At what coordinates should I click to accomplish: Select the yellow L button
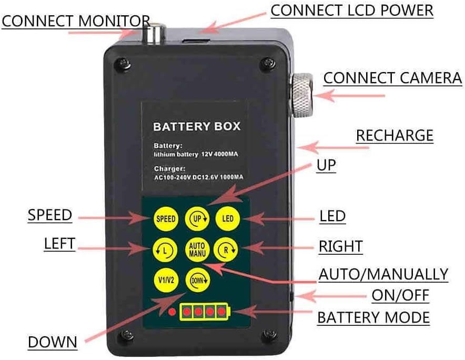click(164, 248)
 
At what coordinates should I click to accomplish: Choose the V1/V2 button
click(164, 279)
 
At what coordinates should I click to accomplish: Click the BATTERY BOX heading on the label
click(196, 126)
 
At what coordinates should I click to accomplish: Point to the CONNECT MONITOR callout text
click(76, 22)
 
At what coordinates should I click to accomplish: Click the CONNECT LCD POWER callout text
click(352, 10)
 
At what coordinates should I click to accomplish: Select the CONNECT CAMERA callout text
click(392, 78)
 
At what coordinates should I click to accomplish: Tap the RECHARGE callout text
click(395, 135)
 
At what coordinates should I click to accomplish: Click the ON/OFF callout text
click(400, 296)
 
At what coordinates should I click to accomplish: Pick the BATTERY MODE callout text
click(373, 318)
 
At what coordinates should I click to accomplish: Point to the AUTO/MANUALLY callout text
click(383, 274)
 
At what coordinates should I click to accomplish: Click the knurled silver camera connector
click(302, 95)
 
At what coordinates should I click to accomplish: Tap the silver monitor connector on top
click(155, 34)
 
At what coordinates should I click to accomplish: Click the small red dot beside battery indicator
click(171, 312)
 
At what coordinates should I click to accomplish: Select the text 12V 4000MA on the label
click(221, 155)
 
